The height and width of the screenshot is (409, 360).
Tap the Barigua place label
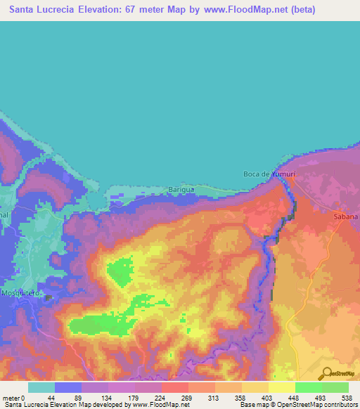coord(181,189)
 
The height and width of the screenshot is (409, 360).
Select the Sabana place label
coord(346,217)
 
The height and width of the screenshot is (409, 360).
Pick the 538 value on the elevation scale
coord(347,397)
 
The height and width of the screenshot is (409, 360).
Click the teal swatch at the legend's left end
coord(41,387)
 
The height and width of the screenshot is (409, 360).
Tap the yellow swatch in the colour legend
coord(281,387)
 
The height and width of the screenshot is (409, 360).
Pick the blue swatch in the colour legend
coord(67,387)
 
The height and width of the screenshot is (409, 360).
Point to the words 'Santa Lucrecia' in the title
coord(43,9)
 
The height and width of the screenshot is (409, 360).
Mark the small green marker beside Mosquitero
coord(48,297)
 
